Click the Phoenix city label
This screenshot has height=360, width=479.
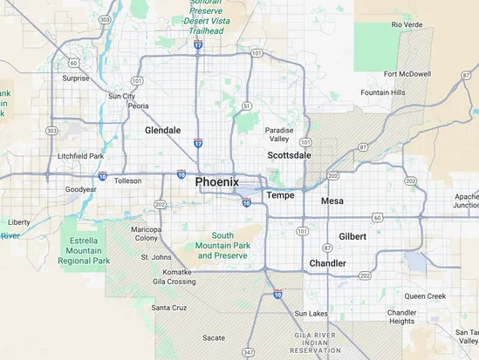(x=216, y=181)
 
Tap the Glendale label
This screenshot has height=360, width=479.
(x=162, y=130)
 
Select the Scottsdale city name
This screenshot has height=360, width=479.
(x=288, y=154)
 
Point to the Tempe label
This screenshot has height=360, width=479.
(x=280, y=195)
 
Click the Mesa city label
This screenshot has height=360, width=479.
(x=332, y=200)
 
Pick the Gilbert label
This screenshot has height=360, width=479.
(x=352, y=236)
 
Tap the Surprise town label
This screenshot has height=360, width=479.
(x=76, y=78)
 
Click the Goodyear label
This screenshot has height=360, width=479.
(x=80, y=189)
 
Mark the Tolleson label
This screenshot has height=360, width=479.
(x=127, y=181)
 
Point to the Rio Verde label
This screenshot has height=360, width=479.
(x=407, y=24)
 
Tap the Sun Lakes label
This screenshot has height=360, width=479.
(x=311, y=313)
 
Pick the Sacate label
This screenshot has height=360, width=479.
(x=214, y=336)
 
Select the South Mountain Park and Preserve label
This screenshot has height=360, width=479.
(x=222, y=246)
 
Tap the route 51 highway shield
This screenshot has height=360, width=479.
(x=247, y=105)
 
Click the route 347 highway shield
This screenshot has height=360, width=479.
(x=251, y=350)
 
